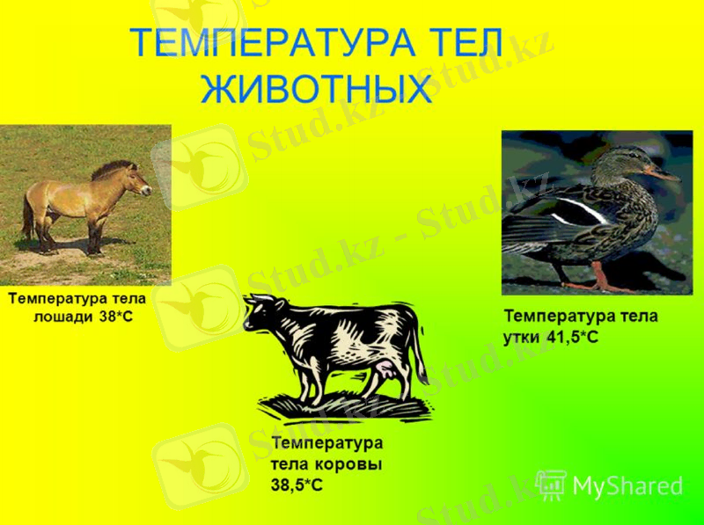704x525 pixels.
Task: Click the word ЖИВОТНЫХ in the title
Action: pos(317,90)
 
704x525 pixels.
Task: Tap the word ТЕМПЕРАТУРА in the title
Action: pos(268,43)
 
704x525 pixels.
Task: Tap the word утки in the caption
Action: pos(522,337)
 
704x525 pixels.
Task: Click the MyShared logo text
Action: pos(627,485)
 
